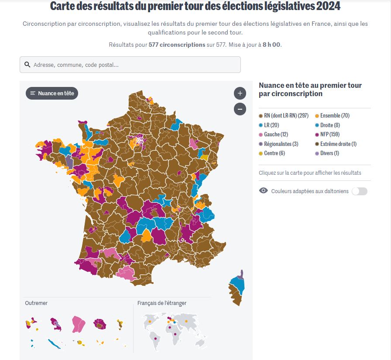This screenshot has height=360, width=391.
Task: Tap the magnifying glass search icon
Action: (27, 65)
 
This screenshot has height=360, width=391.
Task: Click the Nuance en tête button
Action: (52, 93)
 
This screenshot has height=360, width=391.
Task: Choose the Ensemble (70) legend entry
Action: (335, 116)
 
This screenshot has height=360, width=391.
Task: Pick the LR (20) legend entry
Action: (271, 125)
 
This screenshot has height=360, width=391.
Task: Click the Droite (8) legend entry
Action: (330, 125)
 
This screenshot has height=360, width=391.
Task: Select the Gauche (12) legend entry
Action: (276, 135)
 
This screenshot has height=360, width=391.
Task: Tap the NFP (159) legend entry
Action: (329, 135)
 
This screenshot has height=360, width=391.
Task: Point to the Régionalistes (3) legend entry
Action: (281, 144)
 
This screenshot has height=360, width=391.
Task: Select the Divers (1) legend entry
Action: (329, 153)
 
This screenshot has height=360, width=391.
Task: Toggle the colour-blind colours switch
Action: (360, 191)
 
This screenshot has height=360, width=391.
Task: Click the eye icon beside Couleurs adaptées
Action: (263, 190)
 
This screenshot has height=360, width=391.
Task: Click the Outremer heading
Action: (36, 303)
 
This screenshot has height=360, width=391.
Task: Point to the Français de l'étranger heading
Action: (162, 303)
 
